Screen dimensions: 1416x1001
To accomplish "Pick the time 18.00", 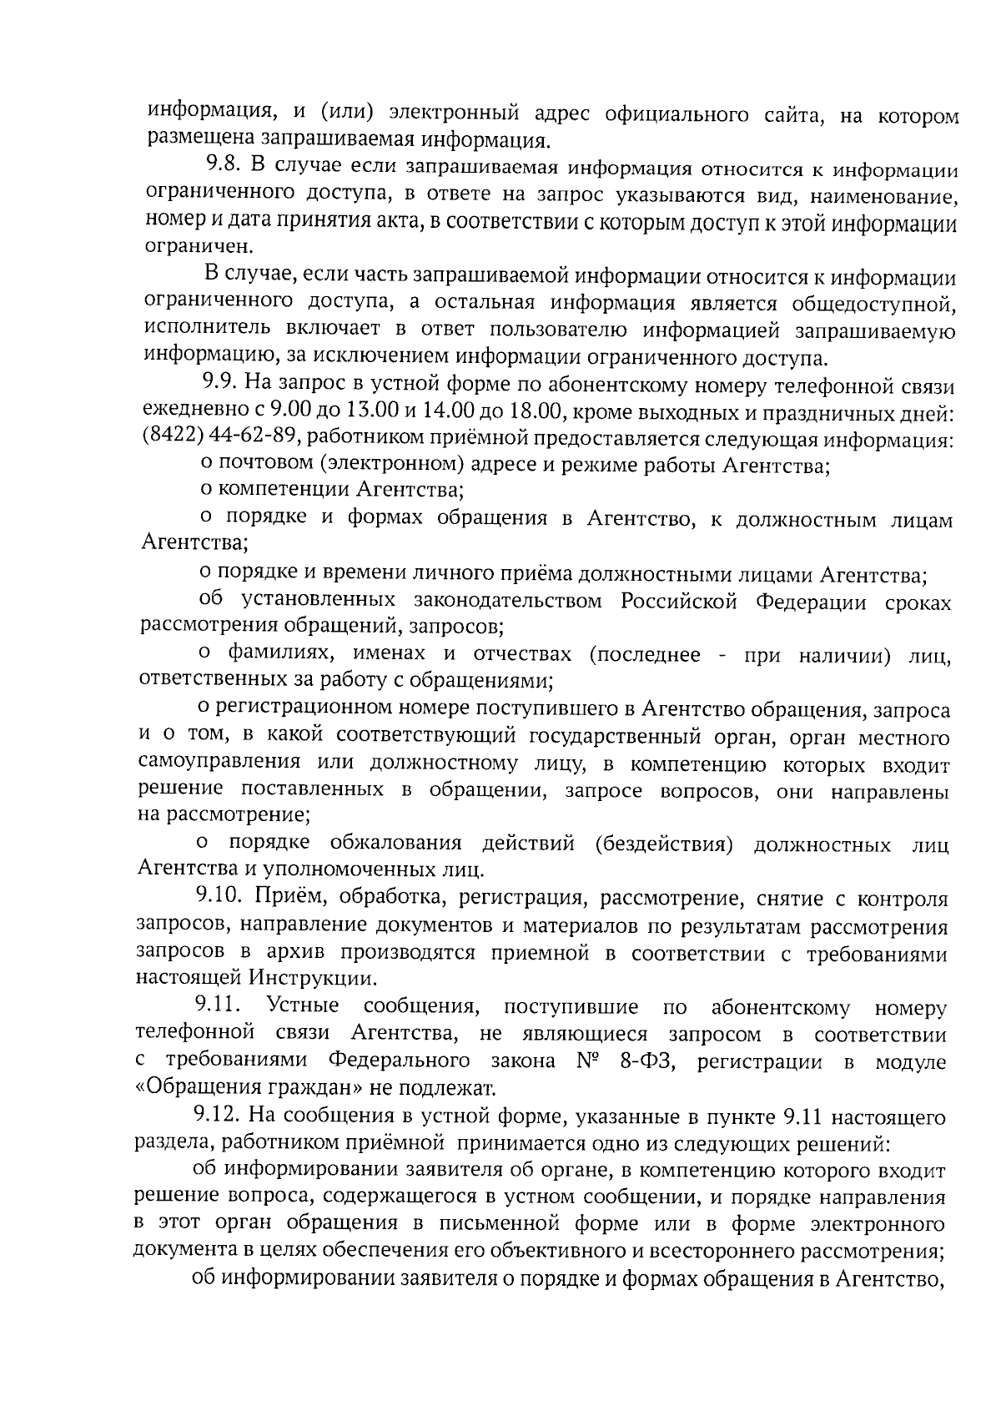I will pos(536,412).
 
